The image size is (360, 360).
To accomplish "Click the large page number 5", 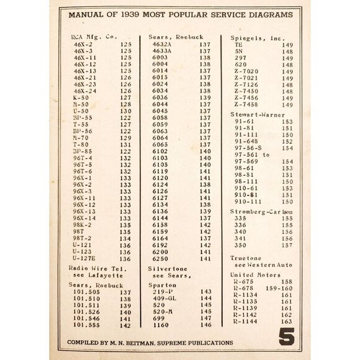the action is coord(286,337).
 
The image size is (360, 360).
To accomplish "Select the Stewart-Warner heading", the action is coord(252,114).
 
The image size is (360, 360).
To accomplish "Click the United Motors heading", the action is coord(251,273).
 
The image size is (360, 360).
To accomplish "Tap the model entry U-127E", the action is coord(84,258).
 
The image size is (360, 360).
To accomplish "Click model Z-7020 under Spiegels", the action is coord(246,71).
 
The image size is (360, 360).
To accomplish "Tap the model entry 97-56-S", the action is coord(248,148).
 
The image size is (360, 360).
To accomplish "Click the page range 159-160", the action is coord(279,289).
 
